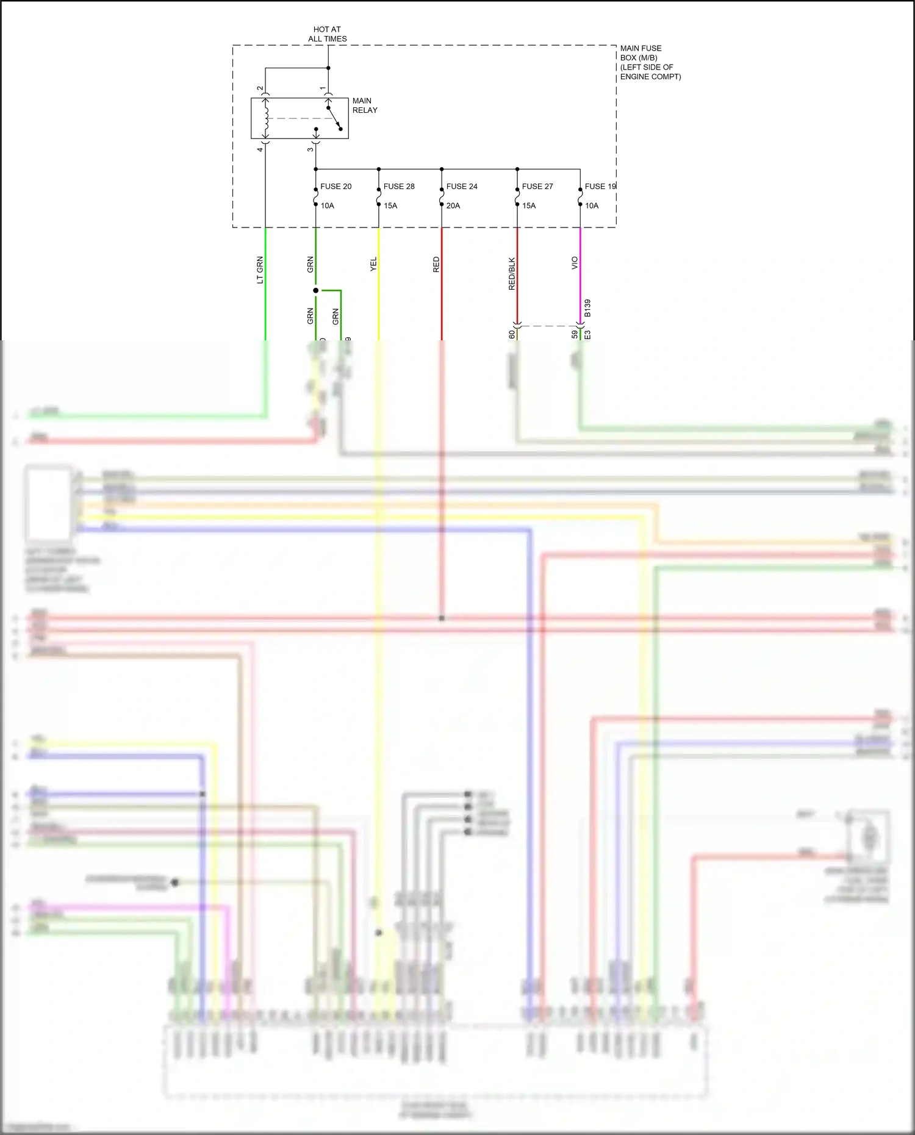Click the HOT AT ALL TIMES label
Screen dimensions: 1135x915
[x=327, y=34]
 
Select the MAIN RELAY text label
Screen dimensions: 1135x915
[x=365, y=106]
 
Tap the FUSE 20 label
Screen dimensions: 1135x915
[x=335, y=187]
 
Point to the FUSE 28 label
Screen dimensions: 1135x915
[x=399, y=187]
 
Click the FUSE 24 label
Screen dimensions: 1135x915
[x=462, y=187]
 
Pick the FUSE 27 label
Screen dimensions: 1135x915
[x=537, y=187]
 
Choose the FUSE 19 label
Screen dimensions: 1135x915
[x=600, y=187]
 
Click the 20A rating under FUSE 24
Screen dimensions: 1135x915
[x=453, y=206]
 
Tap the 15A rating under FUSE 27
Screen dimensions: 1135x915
[x=529, y=206]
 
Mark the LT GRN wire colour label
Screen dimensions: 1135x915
[x=260, y=270]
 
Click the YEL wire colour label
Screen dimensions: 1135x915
[x=373, y=264]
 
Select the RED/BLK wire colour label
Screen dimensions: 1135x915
[x=512, y=273]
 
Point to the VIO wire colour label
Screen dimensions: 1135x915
[x=575, y=263]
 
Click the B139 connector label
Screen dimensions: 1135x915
[x=587, y=308]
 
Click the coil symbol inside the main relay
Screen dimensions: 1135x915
[x=265, y=118]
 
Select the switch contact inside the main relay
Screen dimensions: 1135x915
[x=334, y=118]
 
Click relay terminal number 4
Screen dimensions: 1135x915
[x=260, y=149]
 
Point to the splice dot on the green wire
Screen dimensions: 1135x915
[x=315, y=290]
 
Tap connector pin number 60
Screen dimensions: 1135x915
[x=512, y=334]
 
